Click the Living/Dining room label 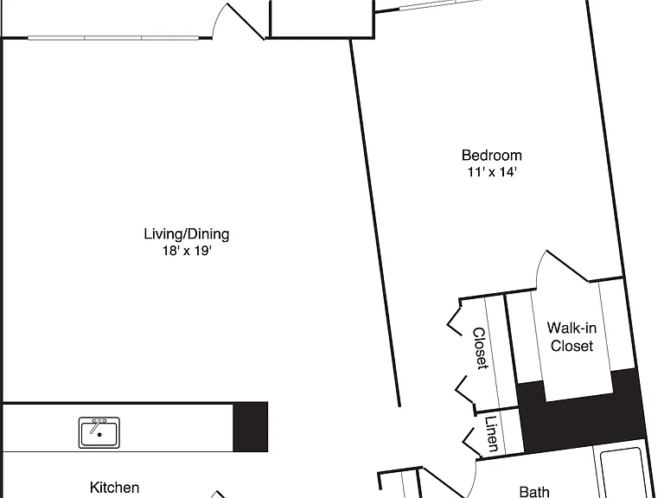tap(187, 234)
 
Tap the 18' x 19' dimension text tap(187, 251)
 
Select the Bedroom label tap(492, 156)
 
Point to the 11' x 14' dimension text tap(492, 172)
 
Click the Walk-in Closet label tap(571, 336)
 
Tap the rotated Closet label tap(480, 348)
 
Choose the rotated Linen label tap(491, 434)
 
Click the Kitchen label tap(114, 488)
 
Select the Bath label tap(534, 492)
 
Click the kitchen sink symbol tap(99, 432)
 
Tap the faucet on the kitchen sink tap(98, 425)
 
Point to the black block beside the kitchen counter tap(251, 427)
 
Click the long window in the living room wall tap(113, 38)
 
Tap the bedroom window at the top tap(440, 3)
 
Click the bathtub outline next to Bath tap(622, 473)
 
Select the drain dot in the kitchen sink tap(99, 435)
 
